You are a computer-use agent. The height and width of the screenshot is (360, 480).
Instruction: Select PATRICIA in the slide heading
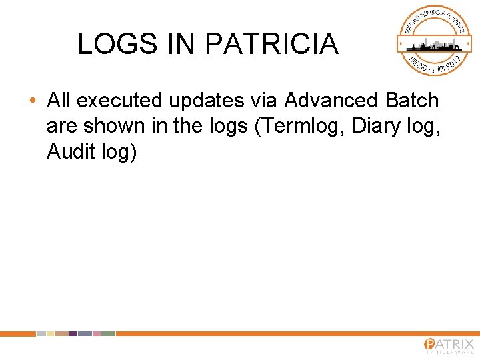coord(271,45)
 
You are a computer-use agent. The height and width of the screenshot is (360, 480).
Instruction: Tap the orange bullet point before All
coord(33,101)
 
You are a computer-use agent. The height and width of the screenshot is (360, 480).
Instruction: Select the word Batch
coord(412,101)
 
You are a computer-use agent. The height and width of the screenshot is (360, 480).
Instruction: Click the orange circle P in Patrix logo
coord(431,345)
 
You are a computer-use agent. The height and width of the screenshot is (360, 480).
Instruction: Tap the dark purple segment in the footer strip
coord(73,333)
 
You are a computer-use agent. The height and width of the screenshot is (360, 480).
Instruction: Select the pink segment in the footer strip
coord(97,333)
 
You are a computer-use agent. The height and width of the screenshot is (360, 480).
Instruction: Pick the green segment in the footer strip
coord(108,333)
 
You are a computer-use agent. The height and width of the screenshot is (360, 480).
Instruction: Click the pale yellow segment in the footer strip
coord(51,333)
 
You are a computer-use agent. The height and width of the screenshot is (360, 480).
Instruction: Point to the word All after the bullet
coord(59,101)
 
